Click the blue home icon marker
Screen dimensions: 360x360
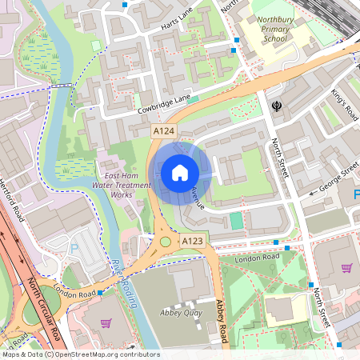tap(180, 172)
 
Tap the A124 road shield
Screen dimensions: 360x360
tap(164, 130)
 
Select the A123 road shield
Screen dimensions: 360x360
tap(191, 240)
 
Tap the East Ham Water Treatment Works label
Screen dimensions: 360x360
tap(120, 184)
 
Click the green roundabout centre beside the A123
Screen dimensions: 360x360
tap(166, 241)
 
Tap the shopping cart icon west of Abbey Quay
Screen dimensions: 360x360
tap(106, 323)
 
